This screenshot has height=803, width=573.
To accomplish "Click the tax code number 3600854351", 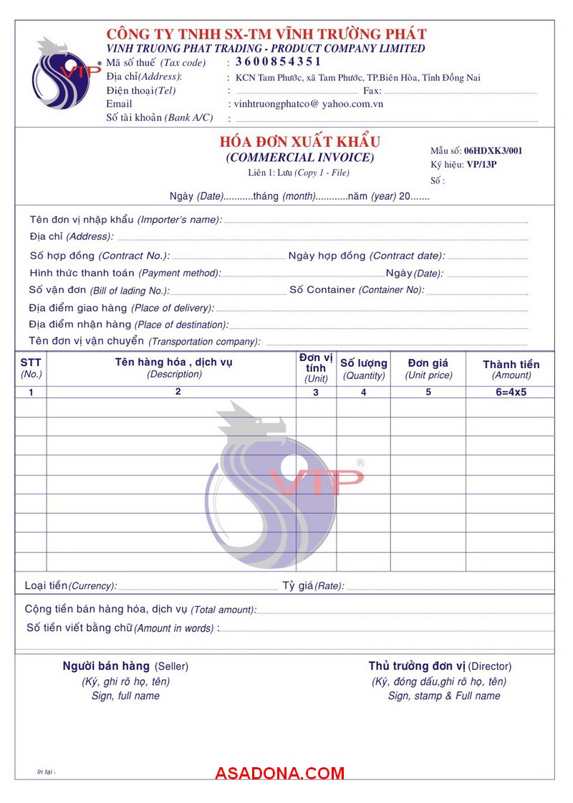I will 279,62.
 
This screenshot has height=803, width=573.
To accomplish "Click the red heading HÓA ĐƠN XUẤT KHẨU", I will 300,142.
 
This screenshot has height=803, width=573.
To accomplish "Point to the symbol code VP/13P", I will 481,165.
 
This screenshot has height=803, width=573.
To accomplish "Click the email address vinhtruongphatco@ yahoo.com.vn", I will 309,104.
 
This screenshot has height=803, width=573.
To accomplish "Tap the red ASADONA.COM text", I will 279,773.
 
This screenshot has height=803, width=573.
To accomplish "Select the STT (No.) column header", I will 31,368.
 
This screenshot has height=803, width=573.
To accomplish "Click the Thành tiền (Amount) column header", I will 511,369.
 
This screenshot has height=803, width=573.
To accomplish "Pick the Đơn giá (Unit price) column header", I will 428,369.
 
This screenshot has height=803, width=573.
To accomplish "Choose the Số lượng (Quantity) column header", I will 363,369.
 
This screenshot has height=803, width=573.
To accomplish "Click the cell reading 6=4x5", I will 511,392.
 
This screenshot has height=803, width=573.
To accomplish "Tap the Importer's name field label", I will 125,220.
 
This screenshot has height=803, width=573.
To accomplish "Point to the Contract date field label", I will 366,256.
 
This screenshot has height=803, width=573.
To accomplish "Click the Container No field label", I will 357,290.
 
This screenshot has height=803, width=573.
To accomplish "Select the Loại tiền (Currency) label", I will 70,586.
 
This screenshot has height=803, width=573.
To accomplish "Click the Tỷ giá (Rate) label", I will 313,586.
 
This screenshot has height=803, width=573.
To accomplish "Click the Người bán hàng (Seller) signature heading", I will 125,666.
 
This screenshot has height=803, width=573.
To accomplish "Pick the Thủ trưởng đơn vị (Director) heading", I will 440,666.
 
